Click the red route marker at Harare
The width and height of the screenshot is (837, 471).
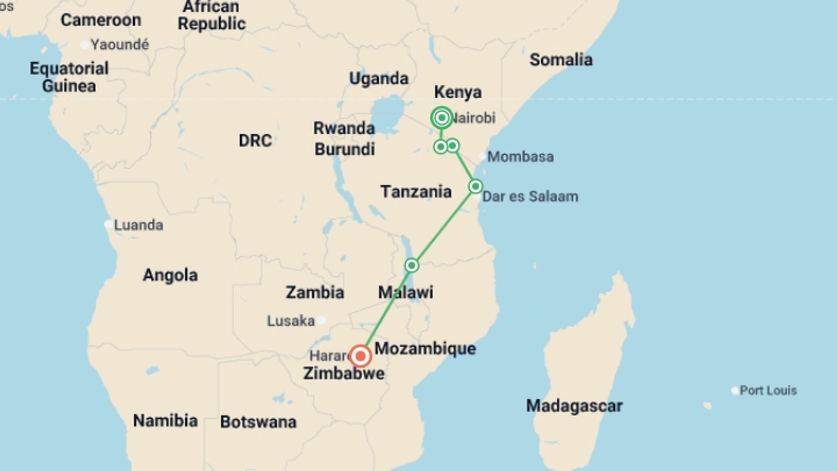click(361, 356)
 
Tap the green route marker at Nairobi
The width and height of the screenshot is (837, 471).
click(442, 118)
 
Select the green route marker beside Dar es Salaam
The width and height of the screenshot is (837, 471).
click(475, 187)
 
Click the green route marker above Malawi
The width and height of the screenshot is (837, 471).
click(412, 265)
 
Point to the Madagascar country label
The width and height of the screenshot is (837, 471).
click(574, 406)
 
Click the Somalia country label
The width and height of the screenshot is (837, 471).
click(561, 60)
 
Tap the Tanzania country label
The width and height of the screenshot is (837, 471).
click(416, 191)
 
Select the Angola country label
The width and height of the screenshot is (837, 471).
click(170, 275)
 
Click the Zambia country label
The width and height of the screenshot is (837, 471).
click(315, 292)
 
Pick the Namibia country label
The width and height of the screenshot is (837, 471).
click(165, 421)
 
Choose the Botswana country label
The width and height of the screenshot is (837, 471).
click(258, 422)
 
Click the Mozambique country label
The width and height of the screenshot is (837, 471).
click(425, 348)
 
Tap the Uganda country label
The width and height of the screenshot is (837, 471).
click(379, 78)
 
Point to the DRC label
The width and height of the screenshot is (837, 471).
click(255, 140)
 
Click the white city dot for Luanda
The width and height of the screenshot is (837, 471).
click(108, 225)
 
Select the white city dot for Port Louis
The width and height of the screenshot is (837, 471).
click(735, 390)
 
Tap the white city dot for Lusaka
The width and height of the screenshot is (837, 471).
click(321, 321)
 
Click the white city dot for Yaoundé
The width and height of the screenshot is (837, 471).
click(85, 44)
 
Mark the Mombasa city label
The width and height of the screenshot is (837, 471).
click(520, 157)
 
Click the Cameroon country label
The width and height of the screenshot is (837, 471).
click(101, 20)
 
